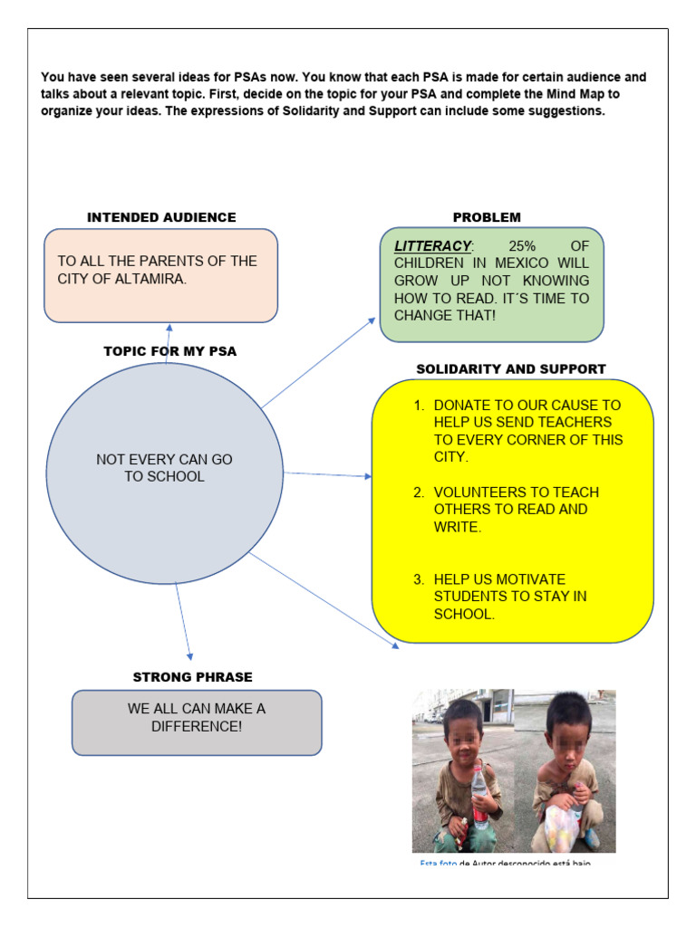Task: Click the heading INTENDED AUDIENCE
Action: (x=161, y=217)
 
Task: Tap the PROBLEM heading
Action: (x=487, y=217)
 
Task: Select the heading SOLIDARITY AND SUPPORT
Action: (x=511, y=369)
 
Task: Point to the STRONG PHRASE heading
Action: (x=193, y=677)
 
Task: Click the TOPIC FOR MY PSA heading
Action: (x=170, y=351)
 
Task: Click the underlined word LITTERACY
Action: (x=433, y=246)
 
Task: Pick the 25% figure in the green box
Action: (x=522, y=246)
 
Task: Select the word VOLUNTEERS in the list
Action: (x=478, y=492)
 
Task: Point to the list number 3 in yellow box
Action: (x=419, y=579)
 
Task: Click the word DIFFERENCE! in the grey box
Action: (x=197, y=726)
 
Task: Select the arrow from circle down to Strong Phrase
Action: (x=183, y=621)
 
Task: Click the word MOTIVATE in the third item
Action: (x=532, y=579)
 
